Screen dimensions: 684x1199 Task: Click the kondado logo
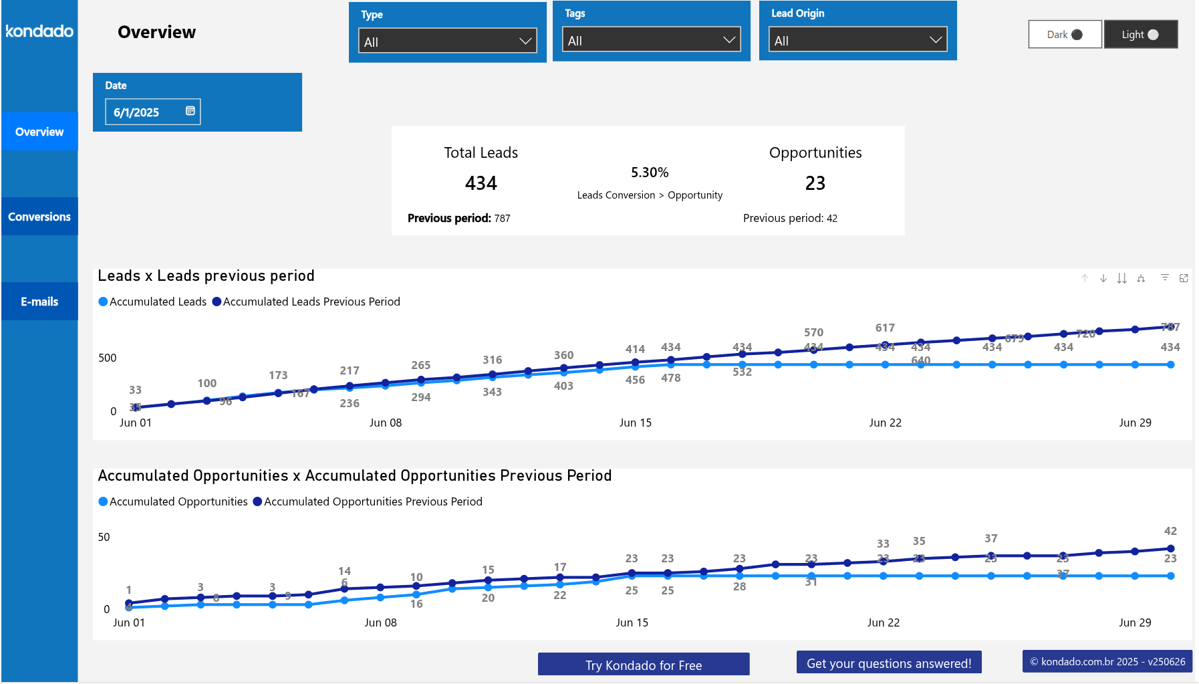point(39,31)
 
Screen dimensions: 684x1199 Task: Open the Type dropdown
point(447,41)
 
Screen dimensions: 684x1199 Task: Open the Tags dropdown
point(651,40)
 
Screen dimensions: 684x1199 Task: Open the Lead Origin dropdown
point(857,40)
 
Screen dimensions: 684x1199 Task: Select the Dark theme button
point(1065,35)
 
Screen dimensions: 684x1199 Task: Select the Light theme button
point(1140,35)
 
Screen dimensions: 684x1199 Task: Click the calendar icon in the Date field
point(190,111)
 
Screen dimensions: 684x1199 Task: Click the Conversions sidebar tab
point(39,217)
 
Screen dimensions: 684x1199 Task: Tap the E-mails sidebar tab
point(39,302)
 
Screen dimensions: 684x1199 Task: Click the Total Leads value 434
point(481,183)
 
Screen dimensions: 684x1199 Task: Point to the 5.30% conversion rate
point(649,173)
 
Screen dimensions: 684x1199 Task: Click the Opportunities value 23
point(815,183)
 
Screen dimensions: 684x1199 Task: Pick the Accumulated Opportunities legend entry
point(173,501)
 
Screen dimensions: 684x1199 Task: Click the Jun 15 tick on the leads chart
point(635,423)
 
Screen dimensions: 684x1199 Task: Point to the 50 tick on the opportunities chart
point(104,537)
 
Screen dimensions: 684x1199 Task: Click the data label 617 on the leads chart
point(884,328)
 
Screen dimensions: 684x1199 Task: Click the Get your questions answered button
point(888,663)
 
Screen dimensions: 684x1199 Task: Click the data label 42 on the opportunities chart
point(1170,531)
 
